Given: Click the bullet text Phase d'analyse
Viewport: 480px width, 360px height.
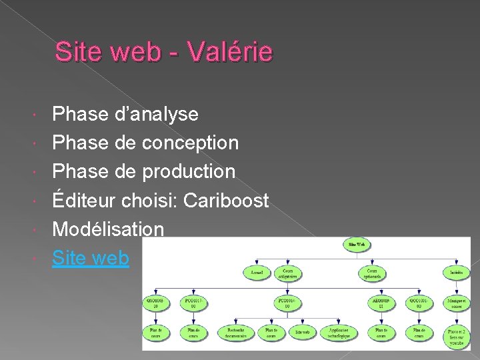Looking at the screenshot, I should pos(125,114).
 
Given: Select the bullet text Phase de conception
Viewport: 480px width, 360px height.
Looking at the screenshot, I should pos(145,143).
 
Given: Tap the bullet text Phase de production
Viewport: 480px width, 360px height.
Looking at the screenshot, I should pos(144,171).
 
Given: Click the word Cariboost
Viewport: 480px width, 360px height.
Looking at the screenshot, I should pos(226,200).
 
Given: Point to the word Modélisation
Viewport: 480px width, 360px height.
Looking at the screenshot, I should pos(108,229).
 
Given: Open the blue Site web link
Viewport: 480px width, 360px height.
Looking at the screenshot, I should pos(91,258).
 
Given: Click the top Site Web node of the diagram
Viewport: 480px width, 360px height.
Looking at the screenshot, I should pos(357,245).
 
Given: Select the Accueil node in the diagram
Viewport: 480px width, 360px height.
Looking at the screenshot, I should pos(257,273).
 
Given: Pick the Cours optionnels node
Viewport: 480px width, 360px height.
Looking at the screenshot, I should pos(371,273).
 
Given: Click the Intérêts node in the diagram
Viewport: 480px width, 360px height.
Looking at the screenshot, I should pos(457,273).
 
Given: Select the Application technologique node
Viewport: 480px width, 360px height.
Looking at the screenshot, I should pos(339,332).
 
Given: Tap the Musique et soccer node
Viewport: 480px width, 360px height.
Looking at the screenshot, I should pos(457,303).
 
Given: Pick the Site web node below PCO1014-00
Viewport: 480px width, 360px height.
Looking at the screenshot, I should pos(302,332).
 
